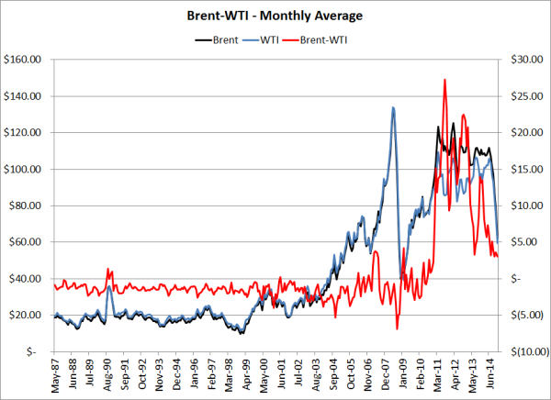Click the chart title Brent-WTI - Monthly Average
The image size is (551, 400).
coord(275,17)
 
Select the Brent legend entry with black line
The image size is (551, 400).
coord(218,39)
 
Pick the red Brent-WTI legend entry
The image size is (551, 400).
coord(327,39)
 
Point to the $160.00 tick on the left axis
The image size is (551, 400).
coord(24,60)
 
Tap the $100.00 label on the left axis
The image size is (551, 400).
coord(24,170)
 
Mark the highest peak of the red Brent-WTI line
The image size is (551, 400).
coord(444,80)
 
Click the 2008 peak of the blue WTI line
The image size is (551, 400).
coord(393,108)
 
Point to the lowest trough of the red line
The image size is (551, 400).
coord(398,328)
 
